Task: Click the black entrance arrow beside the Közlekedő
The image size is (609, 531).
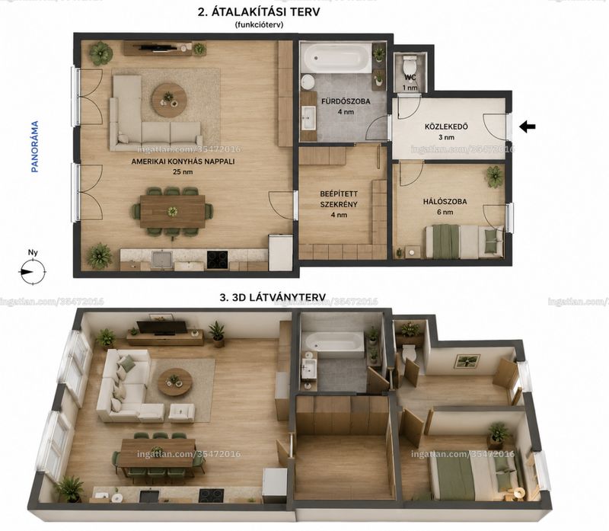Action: (528, 126)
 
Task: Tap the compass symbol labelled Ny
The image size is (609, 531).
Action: (33, 271)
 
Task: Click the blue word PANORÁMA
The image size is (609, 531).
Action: (35, 146)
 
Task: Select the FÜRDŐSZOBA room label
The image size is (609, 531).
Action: (346, 101)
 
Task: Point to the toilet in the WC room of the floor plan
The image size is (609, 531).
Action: (410, 62)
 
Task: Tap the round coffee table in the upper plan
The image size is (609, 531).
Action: (169, 100)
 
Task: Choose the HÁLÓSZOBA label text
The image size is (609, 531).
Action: (445, 202)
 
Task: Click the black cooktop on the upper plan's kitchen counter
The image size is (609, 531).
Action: (217, 260)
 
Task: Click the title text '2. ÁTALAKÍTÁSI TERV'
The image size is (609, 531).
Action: (259, 12)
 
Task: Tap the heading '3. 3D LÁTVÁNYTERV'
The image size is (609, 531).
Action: (273, 297)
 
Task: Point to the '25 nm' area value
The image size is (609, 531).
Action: (183, 172)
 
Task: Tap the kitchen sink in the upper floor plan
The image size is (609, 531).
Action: (162, 259)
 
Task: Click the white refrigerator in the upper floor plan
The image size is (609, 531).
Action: (280, 252)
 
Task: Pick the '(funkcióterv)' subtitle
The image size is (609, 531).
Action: (259, 25)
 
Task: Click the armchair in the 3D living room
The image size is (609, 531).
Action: (181, 413)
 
